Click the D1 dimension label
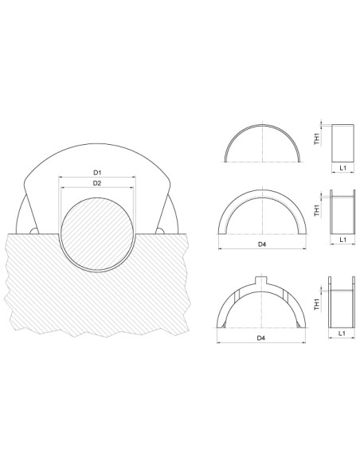pos(96,172)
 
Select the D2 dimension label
pos(96,183)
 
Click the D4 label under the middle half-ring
pos(261,244)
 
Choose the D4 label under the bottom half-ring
pos(261,339)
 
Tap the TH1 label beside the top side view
pos(317,139)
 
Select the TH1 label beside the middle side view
pos(317,210)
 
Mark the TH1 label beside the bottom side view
pos(317,304)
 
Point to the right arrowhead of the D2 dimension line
pos(131,189)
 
